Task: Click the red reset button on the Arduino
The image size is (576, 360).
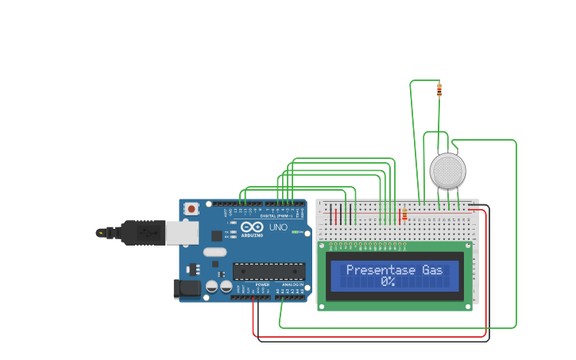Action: coord(191,209)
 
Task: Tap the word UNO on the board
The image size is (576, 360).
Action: coord(278,227)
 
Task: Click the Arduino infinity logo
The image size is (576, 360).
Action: coord(252,226)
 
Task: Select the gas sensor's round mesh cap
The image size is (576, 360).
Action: coord(447,171)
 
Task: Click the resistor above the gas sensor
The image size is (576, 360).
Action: coord(439,90)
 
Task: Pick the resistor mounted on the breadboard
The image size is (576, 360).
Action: coord(404,215)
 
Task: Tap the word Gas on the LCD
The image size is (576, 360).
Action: coord(432,270)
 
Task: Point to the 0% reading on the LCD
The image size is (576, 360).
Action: coord(388,281)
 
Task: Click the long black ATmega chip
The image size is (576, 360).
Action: coord(269,271)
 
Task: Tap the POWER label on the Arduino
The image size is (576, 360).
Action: coord(262,285)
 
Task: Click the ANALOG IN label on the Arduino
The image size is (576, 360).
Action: coord(292,285)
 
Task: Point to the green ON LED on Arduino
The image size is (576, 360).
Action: coord(296,232)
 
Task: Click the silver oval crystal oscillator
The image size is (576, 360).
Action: coord(215,252)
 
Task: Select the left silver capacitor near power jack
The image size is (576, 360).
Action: coord(212,286)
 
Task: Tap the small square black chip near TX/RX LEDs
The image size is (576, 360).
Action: coord(217,235)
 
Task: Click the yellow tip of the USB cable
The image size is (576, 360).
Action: coord(100,233)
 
